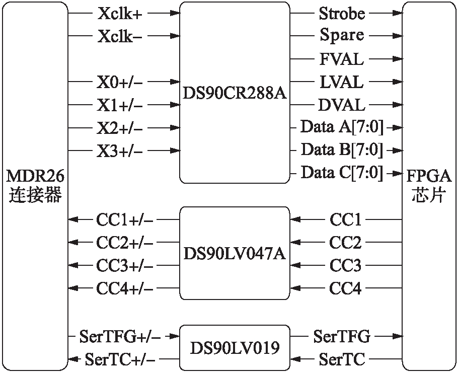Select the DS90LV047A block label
click(235, 253)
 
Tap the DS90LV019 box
click(235, 348)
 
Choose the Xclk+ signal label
click(120, 14)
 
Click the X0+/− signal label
click(119, 82)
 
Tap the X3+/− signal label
click(119, 151)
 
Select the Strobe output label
click(342, 14)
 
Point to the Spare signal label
click(342, 36)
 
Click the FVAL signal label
click(342, 59)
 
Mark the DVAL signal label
click(342, 105)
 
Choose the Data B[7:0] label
click(342, 150)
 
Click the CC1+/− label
click(124, 219)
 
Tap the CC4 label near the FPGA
click(345, 288)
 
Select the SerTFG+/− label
click(120, 336)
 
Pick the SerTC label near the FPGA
click(342, 359)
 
